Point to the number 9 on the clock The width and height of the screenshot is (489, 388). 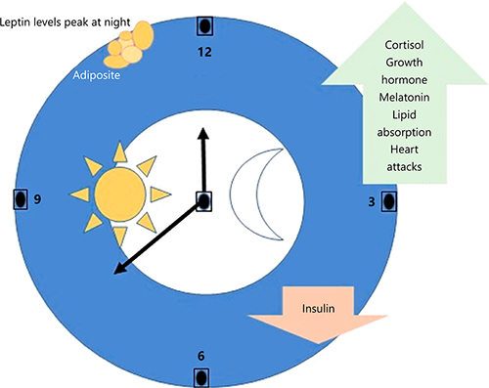37,199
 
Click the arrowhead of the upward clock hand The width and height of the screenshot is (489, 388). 204,132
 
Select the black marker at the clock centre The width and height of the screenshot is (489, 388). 204,200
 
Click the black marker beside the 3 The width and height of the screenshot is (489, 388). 388,200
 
